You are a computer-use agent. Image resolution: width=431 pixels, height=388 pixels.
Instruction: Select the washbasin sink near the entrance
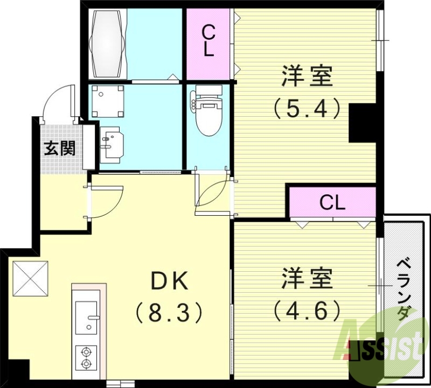click(x=112, y=143)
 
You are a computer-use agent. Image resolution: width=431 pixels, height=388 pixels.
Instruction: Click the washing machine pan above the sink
click(x=108, y=101)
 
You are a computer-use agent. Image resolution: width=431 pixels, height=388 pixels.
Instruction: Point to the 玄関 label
click(x=59, y=147)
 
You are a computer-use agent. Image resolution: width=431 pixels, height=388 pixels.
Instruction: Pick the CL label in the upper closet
click(x=208, y=43)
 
